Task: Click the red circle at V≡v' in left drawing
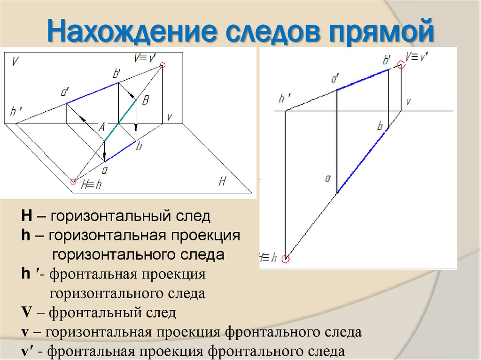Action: point(163,65)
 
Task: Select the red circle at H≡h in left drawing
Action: point(73,182)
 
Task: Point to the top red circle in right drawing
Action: point(401,65)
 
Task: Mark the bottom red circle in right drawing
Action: point(286,258)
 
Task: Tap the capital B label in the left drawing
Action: point(145,100)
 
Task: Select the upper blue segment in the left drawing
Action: point(92,93)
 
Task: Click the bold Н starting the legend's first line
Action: point(26,217)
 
